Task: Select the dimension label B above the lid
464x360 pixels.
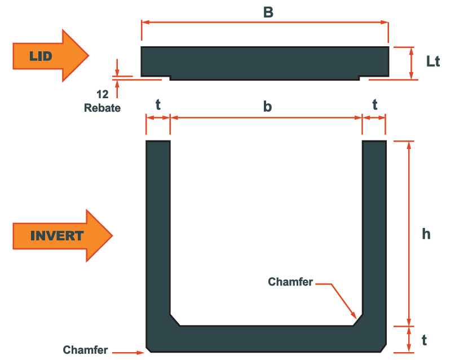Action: point(268,12)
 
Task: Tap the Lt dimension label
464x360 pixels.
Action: point(433,62)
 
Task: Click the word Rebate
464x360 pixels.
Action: point(102,108)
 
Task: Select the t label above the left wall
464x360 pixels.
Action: point(158,105)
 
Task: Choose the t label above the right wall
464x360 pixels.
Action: point(374,105)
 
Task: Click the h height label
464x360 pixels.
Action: point(426,234)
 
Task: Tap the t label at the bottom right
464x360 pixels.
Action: point(425,340)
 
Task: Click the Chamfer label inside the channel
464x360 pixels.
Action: point(290,282)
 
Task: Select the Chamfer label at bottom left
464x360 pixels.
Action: point(85,350)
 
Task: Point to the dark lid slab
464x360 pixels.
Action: point(265,62)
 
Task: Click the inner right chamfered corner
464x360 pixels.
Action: point(357,320)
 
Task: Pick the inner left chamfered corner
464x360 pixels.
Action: point(175,320)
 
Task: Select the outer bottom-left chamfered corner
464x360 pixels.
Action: point(148,347)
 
